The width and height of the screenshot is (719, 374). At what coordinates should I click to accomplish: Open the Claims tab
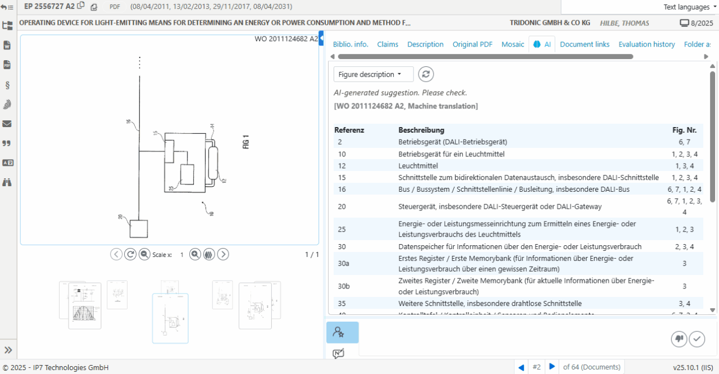[x=388, y=44]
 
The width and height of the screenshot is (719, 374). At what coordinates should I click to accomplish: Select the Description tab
[x=425, y=44]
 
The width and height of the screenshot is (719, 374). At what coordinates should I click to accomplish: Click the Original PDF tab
[x=472, y=44]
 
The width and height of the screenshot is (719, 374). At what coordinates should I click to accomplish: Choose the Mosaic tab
[x=512, y=44]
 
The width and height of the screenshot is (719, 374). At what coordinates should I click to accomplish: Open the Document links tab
[x=584, y=44]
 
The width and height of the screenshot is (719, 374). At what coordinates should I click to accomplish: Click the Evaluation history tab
[x=647, y=44]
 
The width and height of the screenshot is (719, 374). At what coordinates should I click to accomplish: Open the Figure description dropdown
[x=373, y=74]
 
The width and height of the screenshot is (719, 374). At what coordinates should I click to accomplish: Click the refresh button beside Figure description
[x=426, y=74]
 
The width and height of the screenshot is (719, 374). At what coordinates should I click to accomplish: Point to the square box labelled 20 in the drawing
[x=139, y=229]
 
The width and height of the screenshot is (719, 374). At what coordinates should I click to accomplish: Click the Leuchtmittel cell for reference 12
[x=418, y=166]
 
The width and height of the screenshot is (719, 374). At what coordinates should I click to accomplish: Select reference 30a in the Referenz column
[x=344, y=263]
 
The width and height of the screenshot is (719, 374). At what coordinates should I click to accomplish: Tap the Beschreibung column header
[x=421, y=130]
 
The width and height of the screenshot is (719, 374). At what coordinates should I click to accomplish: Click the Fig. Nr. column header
[x=684, y=130]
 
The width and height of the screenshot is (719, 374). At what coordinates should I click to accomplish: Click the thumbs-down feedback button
[x=679, y=339]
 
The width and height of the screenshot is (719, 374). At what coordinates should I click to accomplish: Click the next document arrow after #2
[x=552, y=367]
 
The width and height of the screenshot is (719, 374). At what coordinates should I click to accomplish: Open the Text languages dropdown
[x=690, y=7]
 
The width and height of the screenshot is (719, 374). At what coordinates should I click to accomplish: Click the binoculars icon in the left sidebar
[x=7, y=182]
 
